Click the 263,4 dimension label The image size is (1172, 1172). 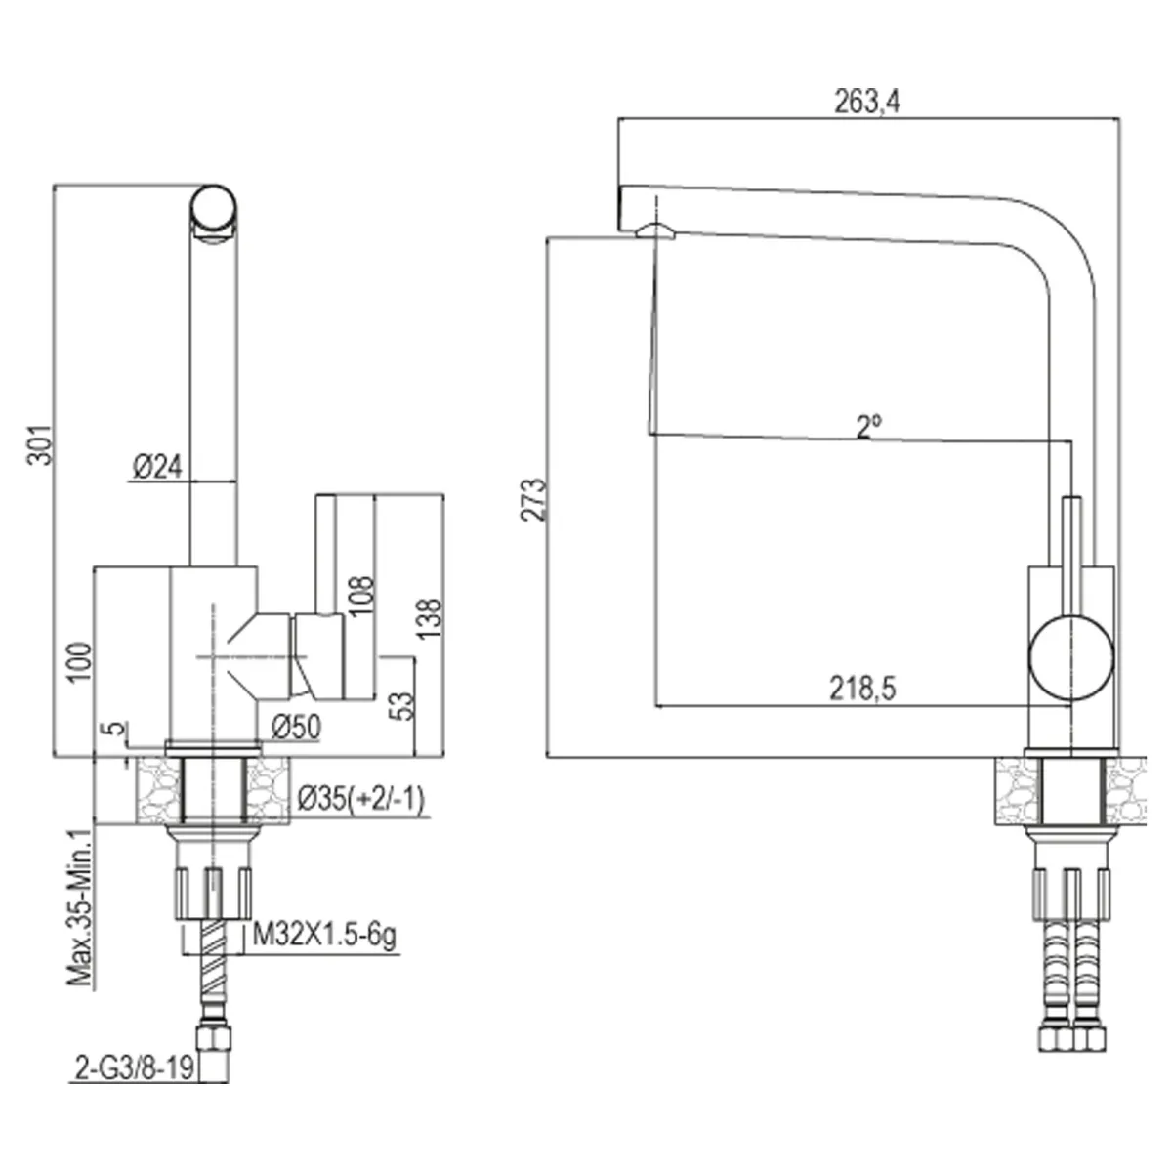tap(866, 102)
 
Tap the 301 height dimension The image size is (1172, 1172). tap(40, 445)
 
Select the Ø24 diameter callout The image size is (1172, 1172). tap(157, 467)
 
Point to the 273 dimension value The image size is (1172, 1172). tap(533, 500)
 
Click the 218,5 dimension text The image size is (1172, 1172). tap(862, 690)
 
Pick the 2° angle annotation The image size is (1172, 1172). tap(869, 427)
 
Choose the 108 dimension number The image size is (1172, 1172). tap(361, 596)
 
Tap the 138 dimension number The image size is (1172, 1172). tap(429, 619)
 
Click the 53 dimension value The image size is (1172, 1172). tap(403, 705)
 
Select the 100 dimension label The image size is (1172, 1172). tap(80, 663)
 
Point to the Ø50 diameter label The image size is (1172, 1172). tap(296, 727)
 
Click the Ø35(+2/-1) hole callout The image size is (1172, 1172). tap(361, 800)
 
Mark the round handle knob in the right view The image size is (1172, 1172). tap(1071, 658)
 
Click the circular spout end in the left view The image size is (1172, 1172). tap(213, 209)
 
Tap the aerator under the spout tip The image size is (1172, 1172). tap(655, 231)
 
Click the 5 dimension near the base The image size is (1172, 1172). tap(119, 728)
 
